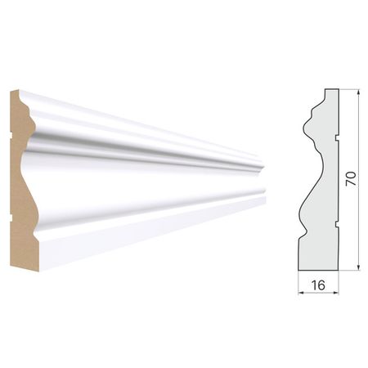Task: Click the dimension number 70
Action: click(x=351, y=179)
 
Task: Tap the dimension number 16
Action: click(x=318, y=285)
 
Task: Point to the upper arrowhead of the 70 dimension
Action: click(x=358, y=92)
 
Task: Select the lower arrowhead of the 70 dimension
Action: click(x=358, y=267)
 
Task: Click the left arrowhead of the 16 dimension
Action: click(x=301, y=293)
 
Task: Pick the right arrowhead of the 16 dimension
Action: click(x=335, y=293)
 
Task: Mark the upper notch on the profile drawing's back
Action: click(x=337, y=138)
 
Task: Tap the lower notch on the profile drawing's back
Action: click(x=337, y=224)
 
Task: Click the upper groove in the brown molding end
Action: click(x=11, y=135)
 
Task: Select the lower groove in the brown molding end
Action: click(x=11, y=218)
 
